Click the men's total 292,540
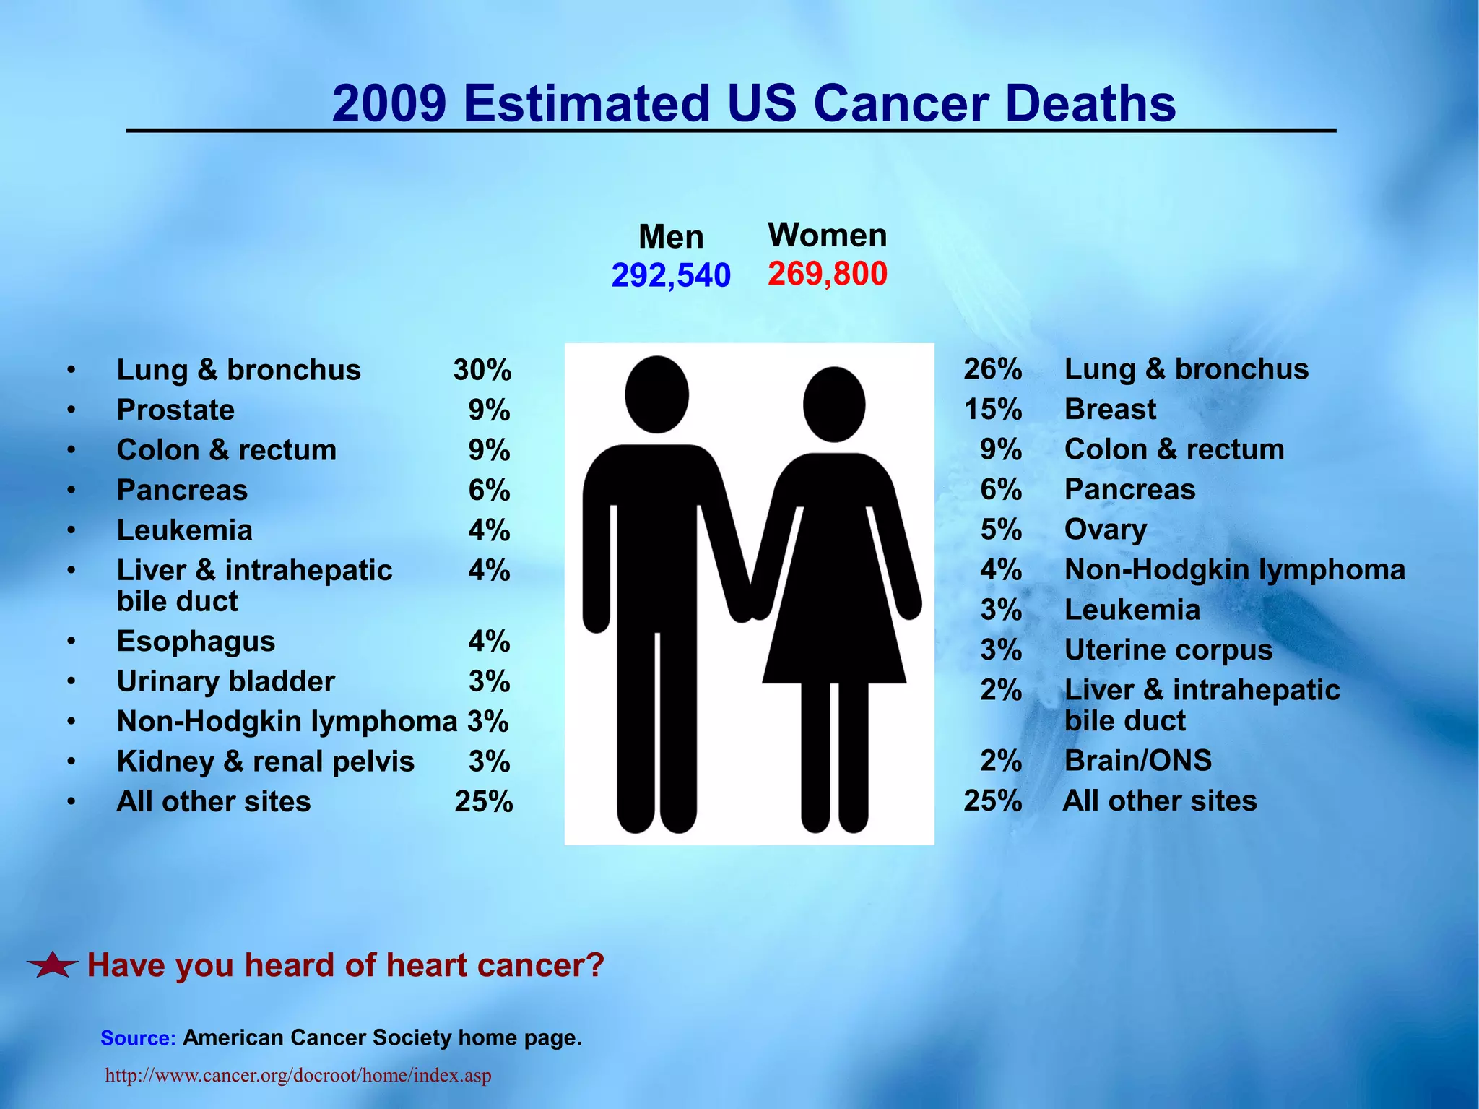pos(671,275)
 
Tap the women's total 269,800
pos(827,274)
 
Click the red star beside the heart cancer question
pos(53,965)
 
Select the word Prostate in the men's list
pos(175,410)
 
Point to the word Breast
pos(1110,409)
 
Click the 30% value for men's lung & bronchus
pos(482,370)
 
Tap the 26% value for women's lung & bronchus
pos(992,368)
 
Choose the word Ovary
pos(1105,530)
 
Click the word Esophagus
pos(196,641)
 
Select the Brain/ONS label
pos(1137,760)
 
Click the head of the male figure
pos(656,394)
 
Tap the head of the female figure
pos(833,405)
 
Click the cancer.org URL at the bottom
pos(298,1075)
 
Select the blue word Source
pos(138,1038)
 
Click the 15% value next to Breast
pos(992,409)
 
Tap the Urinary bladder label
pos(225,681)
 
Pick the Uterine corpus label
pos(1168,650)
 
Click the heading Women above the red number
pos(827,235)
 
